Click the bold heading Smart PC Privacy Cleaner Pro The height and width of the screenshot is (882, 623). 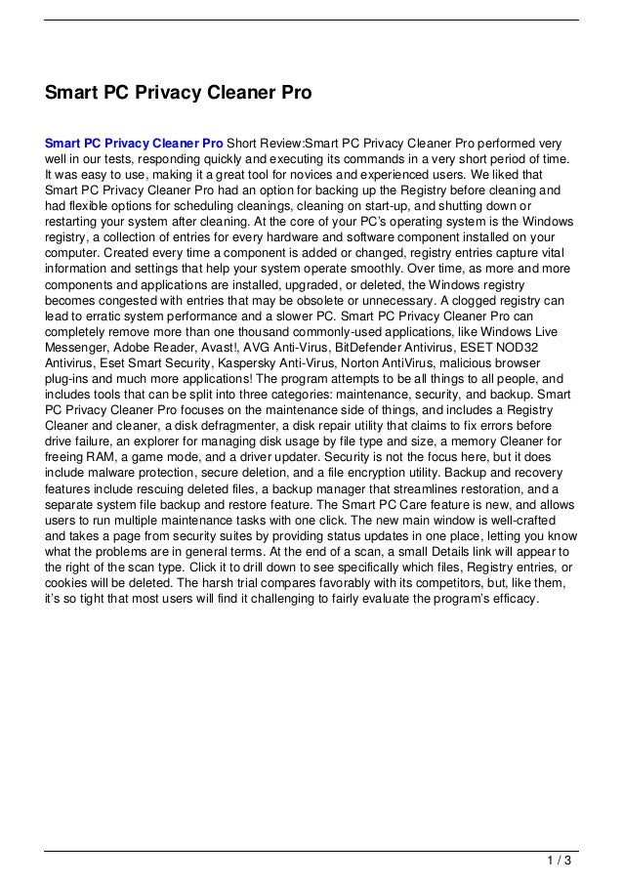tap(179, 94)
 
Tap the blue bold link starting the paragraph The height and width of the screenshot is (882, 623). tap(134, 142)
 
